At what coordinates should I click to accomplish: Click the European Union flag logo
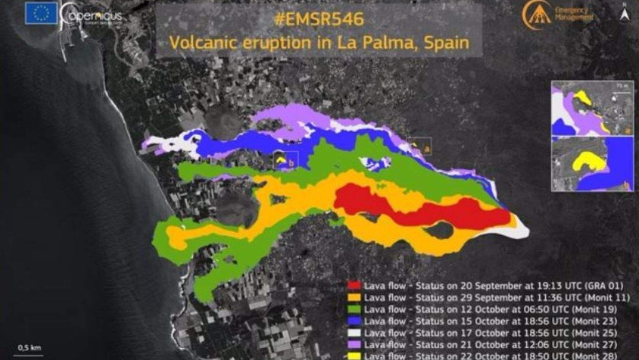click(x=41, y=13)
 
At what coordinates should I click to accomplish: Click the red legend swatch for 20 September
click(x=354, y=286)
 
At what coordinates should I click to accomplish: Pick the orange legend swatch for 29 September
click(x=354, y=297)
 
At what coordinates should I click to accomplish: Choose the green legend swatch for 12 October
click(x=354, y=309)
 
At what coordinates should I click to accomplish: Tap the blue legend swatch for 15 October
click(x=354, y=321)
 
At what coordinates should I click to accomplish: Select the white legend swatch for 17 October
click(x=354, y=333)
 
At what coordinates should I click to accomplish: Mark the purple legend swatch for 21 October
click(x=354, y=345)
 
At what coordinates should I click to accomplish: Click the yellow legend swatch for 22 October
click(x=354, y=356)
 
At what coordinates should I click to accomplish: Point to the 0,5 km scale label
click(x=29, y=348)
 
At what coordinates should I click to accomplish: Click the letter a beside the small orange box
click(x=427, y=149)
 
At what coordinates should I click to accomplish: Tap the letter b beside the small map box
click(x=291, y=163)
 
